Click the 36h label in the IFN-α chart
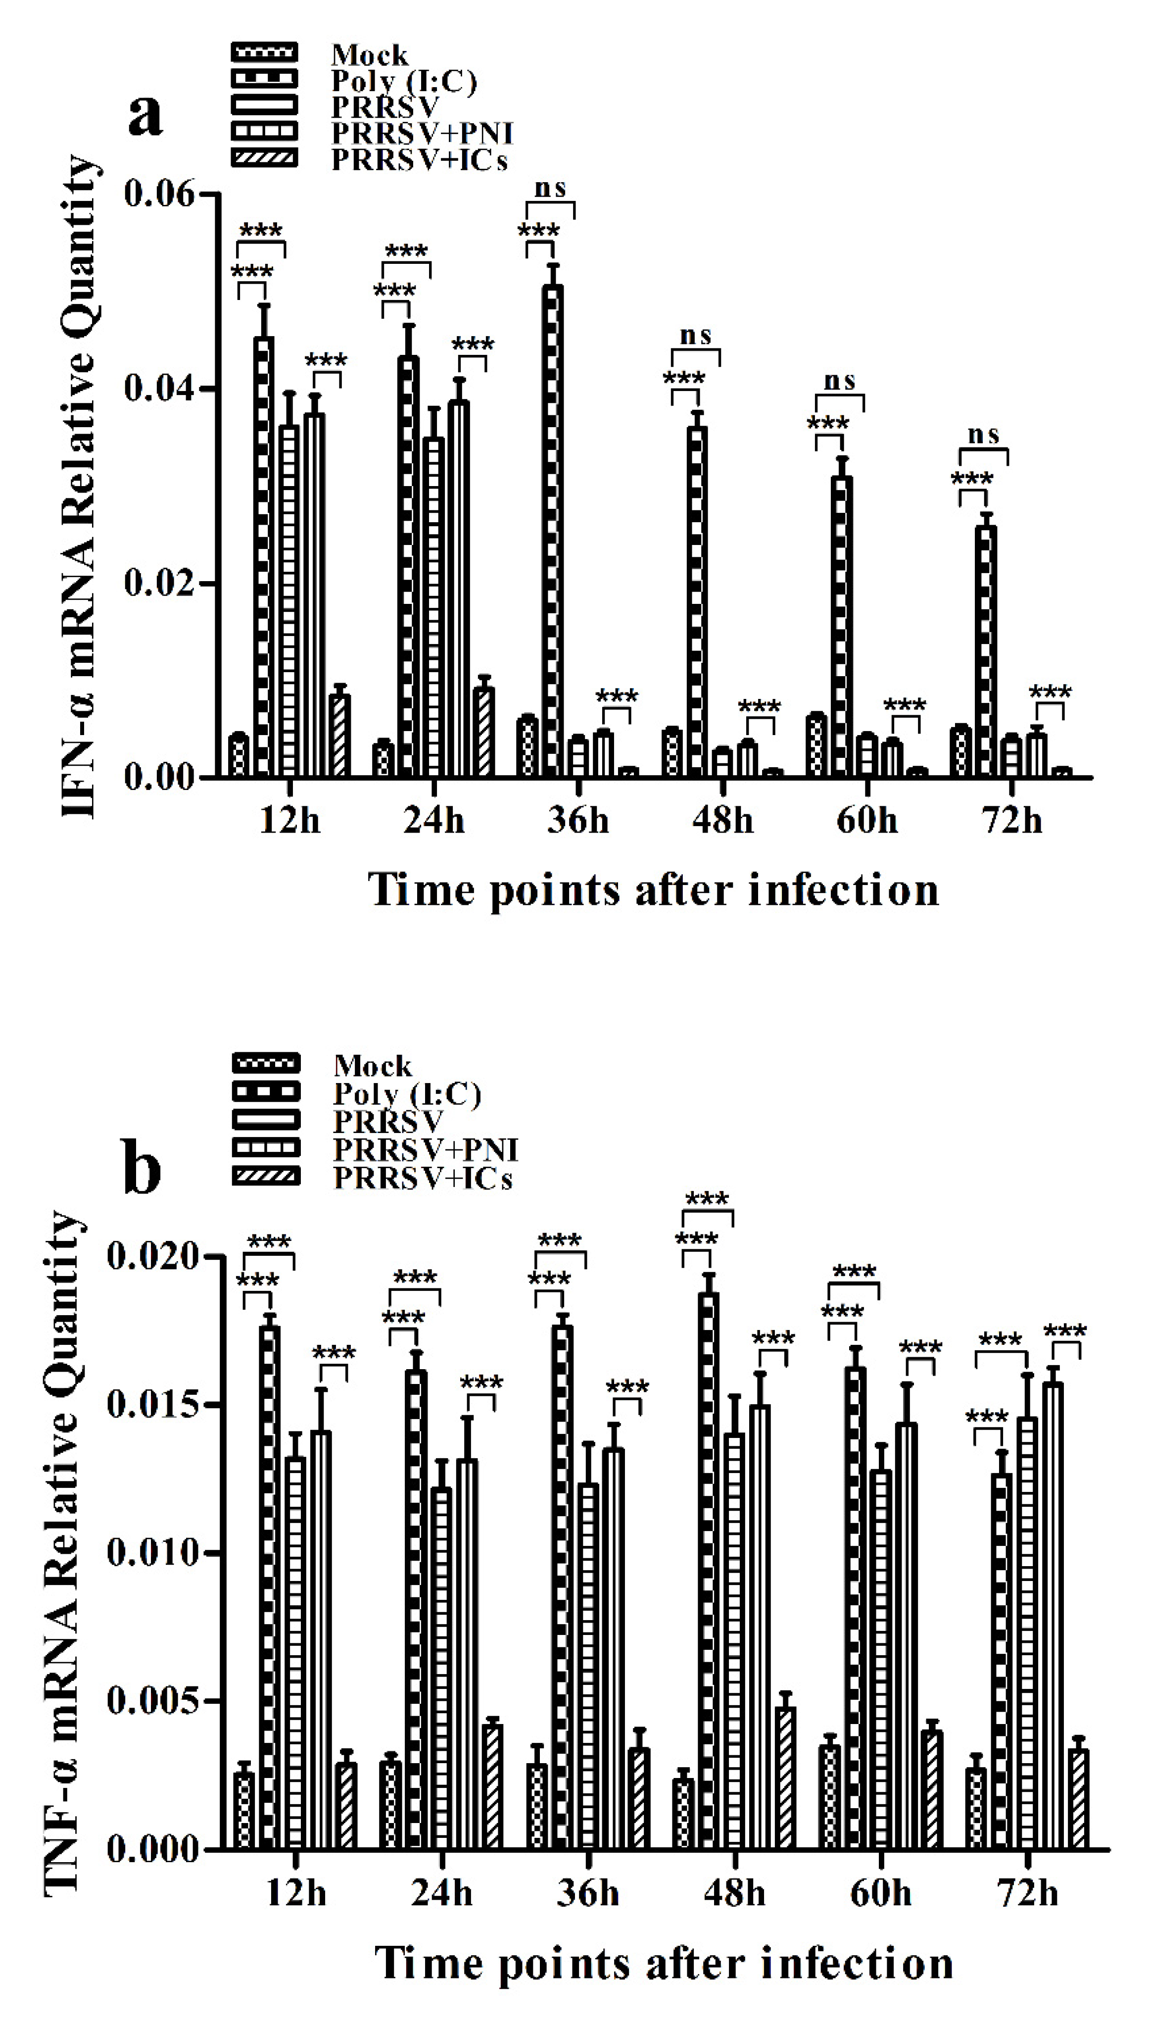(x=578, y=820)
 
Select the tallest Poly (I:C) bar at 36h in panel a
(x=553, y=529)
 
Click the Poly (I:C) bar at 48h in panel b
(x=709, y=1572)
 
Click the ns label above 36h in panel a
(x=551, y=188)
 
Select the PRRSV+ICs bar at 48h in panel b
(x=785, y=1778)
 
